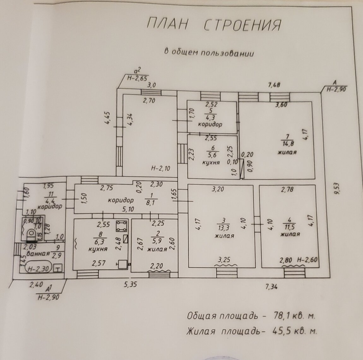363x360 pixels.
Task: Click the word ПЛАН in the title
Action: coord(168,25)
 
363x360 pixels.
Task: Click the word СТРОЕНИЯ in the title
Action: coord(242,25)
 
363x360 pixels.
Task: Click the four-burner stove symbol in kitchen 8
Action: coord(121,226)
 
